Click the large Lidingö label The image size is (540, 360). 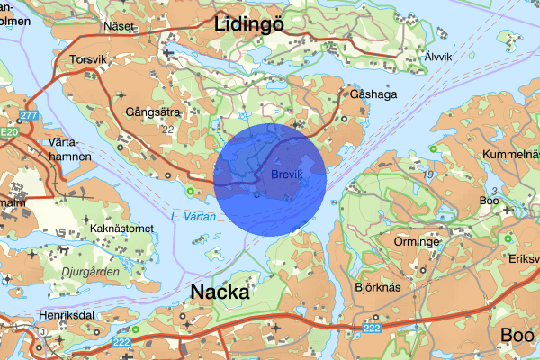click(x=250, y=24)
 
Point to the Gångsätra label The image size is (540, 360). click(x=153, y=112)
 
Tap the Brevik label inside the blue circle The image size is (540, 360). click(x=286, y=173)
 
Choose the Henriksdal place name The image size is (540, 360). click(x=67, y=315)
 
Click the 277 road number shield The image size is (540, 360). click(x=30, y=115)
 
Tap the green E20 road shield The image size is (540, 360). click(x=9, y=132)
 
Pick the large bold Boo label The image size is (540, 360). click(x=517, y=335)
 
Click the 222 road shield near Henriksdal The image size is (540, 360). click(x=122, y=342)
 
